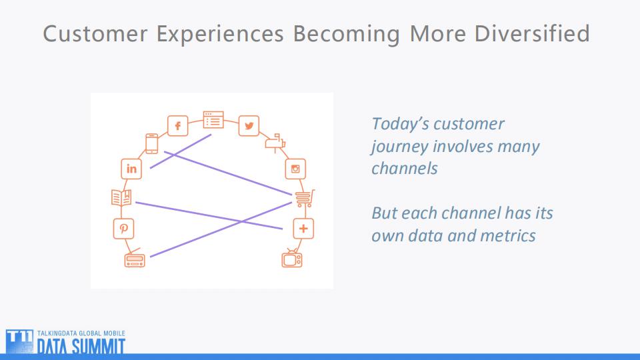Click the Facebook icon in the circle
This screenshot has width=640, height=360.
(x=178, y=126)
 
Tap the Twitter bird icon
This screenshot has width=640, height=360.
(x=249, y=126)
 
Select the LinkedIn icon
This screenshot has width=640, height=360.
(x=131, y=169)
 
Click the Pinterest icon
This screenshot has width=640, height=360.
(x=123, y=228)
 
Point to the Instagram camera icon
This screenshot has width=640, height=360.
(x=295, y=169)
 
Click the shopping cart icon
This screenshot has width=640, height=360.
(x=303, y=198)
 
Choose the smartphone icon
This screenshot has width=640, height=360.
(x=152, y=143)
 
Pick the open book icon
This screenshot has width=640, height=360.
(x=121, y=198)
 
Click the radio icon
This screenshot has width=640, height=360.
(x=134, y=260)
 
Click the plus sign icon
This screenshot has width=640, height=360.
(x=303, y=229)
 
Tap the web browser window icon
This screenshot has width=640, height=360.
(x=213, y=119)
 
